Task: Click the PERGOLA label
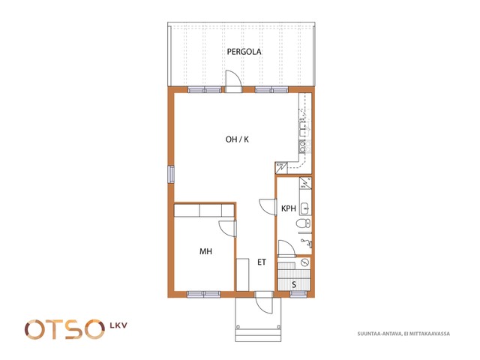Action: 244,52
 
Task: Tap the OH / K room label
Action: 237,139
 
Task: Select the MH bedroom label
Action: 205,252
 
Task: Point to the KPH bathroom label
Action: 288,208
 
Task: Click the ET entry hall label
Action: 262,262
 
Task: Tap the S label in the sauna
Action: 294,285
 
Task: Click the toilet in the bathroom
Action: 303,223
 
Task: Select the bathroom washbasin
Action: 305,208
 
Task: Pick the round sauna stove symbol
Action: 305,262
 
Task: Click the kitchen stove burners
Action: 302,147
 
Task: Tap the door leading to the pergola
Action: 233,81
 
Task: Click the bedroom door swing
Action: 227,228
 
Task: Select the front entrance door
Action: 263,302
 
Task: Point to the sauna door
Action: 286,247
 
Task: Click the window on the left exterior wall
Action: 171,174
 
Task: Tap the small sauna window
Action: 298,294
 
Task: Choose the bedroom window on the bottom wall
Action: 203,294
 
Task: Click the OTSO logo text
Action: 64,329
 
